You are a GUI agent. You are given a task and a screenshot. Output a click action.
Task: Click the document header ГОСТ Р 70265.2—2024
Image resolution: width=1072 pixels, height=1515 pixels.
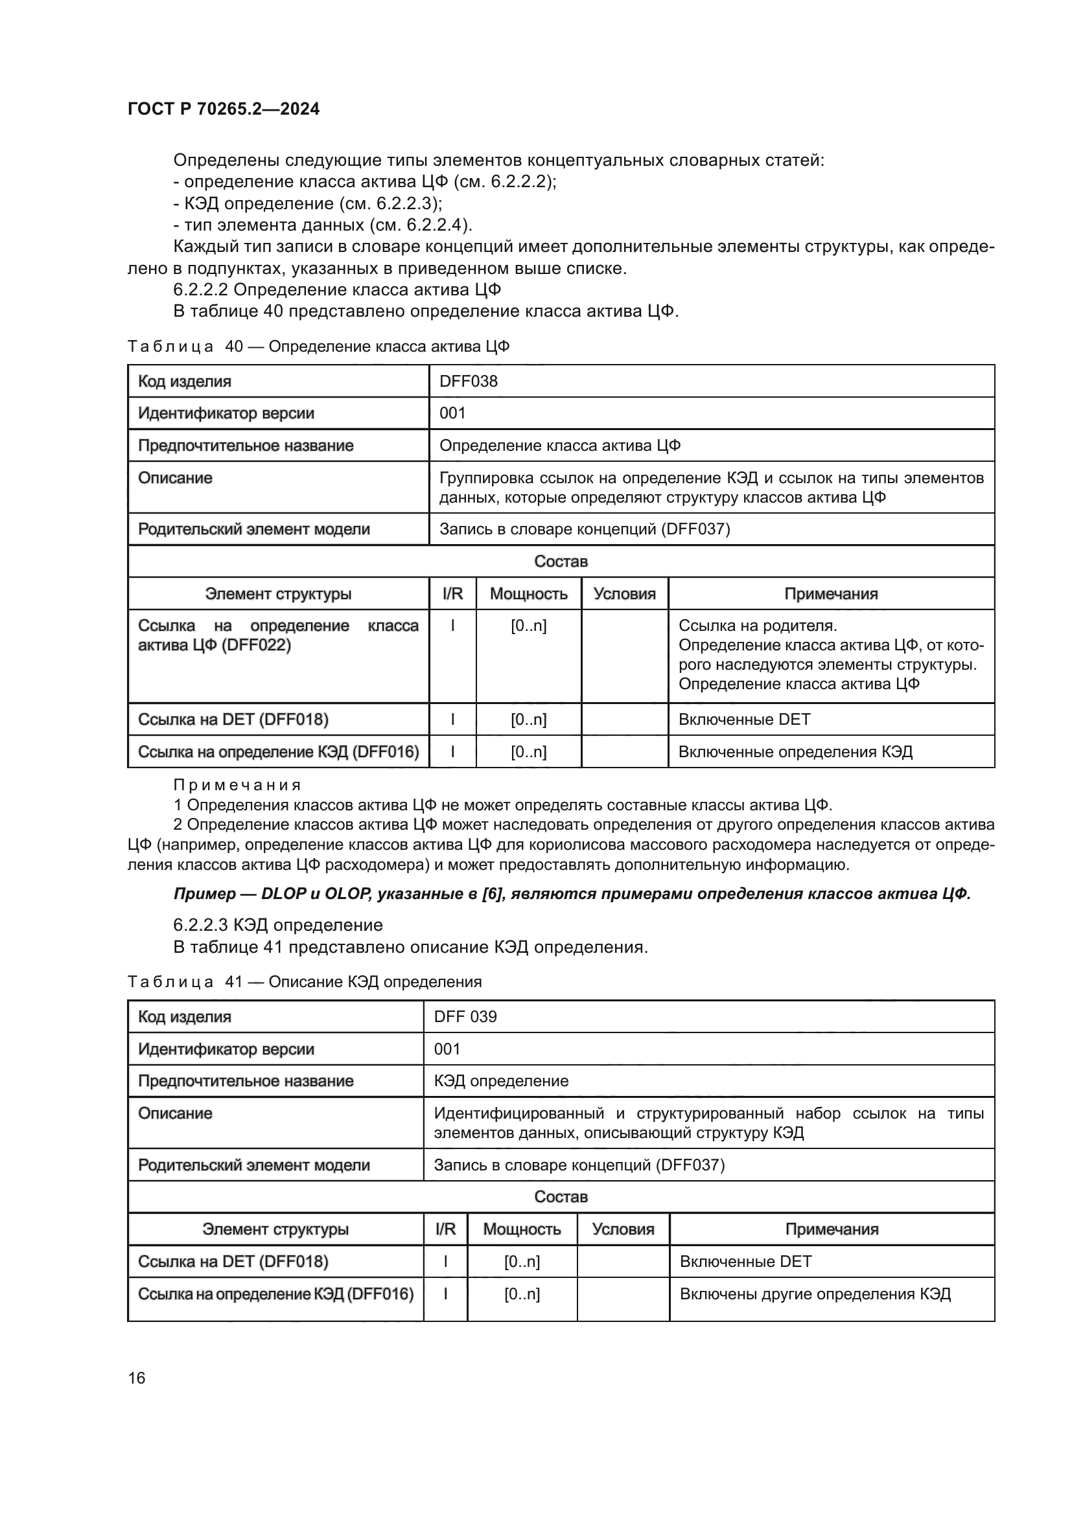[x=223, y=109]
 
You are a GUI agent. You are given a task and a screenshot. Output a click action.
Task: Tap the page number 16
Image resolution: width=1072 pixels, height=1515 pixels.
[x=137, y=1378]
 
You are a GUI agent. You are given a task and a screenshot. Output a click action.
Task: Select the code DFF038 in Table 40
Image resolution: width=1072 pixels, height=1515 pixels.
[x=468, y=382]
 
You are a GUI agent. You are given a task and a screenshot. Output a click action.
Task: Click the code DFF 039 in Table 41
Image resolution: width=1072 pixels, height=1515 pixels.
[x=465, y=1017]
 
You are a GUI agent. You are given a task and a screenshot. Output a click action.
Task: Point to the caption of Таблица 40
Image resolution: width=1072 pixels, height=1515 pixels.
[x=318, y=347]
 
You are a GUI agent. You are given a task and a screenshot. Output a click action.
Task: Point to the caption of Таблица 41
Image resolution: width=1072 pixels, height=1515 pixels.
[x=305, y=982]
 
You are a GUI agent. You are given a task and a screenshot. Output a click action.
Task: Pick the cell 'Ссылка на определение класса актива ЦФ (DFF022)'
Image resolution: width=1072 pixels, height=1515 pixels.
[x=278, y=635]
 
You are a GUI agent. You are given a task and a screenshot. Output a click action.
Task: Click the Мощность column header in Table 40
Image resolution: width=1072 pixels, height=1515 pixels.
[x=528, y=594]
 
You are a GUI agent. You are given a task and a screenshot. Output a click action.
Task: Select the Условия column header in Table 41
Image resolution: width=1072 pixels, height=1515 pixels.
[x=622, y=1229]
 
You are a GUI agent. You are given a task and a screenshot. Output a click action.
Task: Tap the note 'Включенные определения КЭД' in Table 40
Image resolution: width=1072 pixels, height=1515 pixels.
[x=795, y=752]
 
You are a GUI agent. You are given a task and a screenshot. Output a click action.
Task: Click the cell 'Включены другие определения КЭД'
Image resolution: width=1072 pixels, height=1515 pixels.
[x=815, y=1294]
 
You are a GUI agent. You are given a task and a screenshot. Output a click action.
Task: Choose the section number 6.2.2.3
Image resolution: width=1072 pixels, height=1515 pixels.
[x=201, y=925]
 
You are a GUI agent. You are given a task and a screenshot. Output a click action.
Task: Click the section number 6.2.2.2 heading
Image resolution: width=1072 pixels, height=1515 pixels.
[x=201, y=290]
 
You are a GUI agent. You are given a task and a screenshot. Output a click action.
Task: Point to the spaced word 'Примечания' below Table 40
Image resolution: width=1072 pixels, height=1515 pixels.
[x=237, y=785]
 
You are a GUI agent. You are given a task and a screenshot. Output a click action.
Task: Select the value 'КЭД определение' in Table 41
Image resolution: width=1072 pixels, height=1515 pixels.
[x=500, y=1081]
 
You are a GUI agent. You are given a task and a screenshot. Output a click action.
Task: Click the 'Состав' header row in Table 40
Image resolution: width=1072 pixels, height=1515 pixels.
[x=561, y=562]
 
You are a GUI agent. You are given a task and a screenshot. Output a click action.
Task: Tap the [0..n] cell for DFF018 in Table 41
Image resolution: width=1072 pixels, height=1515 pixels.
[x=522, y=1262]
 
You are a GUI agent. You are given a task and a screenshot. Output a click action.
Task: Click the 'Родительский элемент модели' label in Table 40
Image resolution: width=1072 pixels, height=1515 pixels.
[x=253, y=529]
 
